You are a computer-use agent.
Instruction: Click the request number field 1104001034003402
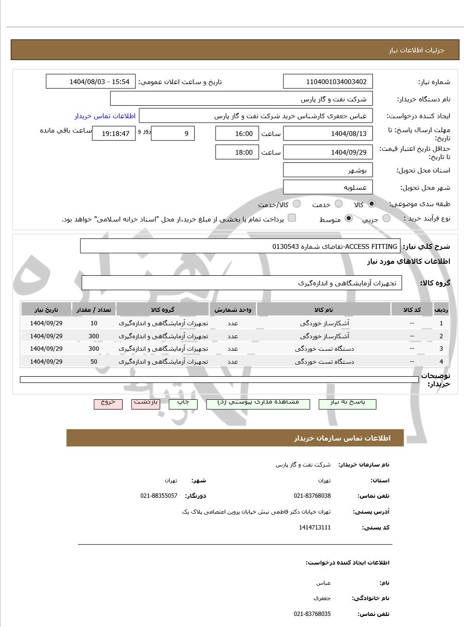(328, 82)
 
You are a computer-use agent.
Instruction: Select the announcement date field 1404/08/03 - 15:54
(91, 82)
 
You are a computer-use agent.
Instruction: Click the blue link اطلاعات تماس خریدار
(105, 116)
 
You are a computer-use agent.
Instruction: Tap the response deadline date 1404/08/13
(328, 134)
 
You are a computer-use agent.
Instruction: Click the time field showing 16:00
(237, 134)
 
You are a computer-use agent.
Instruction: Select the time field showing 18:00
(237, 152)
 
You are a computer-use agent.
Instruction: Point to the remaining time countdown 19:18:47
(114, 134)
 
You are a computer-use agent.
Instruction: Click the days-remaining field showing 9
(173, 134)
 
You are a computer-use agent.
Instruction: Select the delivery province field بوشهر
(328, 170)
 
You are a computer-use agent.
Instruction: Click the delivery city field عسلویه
(328, 187)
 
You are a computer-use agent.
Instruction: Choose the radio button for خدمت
(339, 204)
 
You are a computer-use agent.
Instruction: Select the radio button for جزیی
(386, 219)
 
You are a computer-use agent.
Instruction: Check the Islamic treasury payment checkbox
(292, 218)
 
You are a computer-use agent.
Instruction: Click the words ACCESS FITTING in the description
(371, 246)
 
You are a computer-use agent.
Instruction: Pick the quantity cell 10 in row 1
(94, 323)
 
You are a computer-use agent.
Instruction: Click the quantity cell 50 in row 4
(94, 362)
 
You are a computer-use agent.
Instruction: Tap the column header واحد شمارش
(233, 310)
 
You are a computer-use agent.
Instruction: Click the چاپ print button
(183, 403)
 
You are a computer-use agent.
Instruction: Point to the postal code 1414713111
(314, 528)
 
